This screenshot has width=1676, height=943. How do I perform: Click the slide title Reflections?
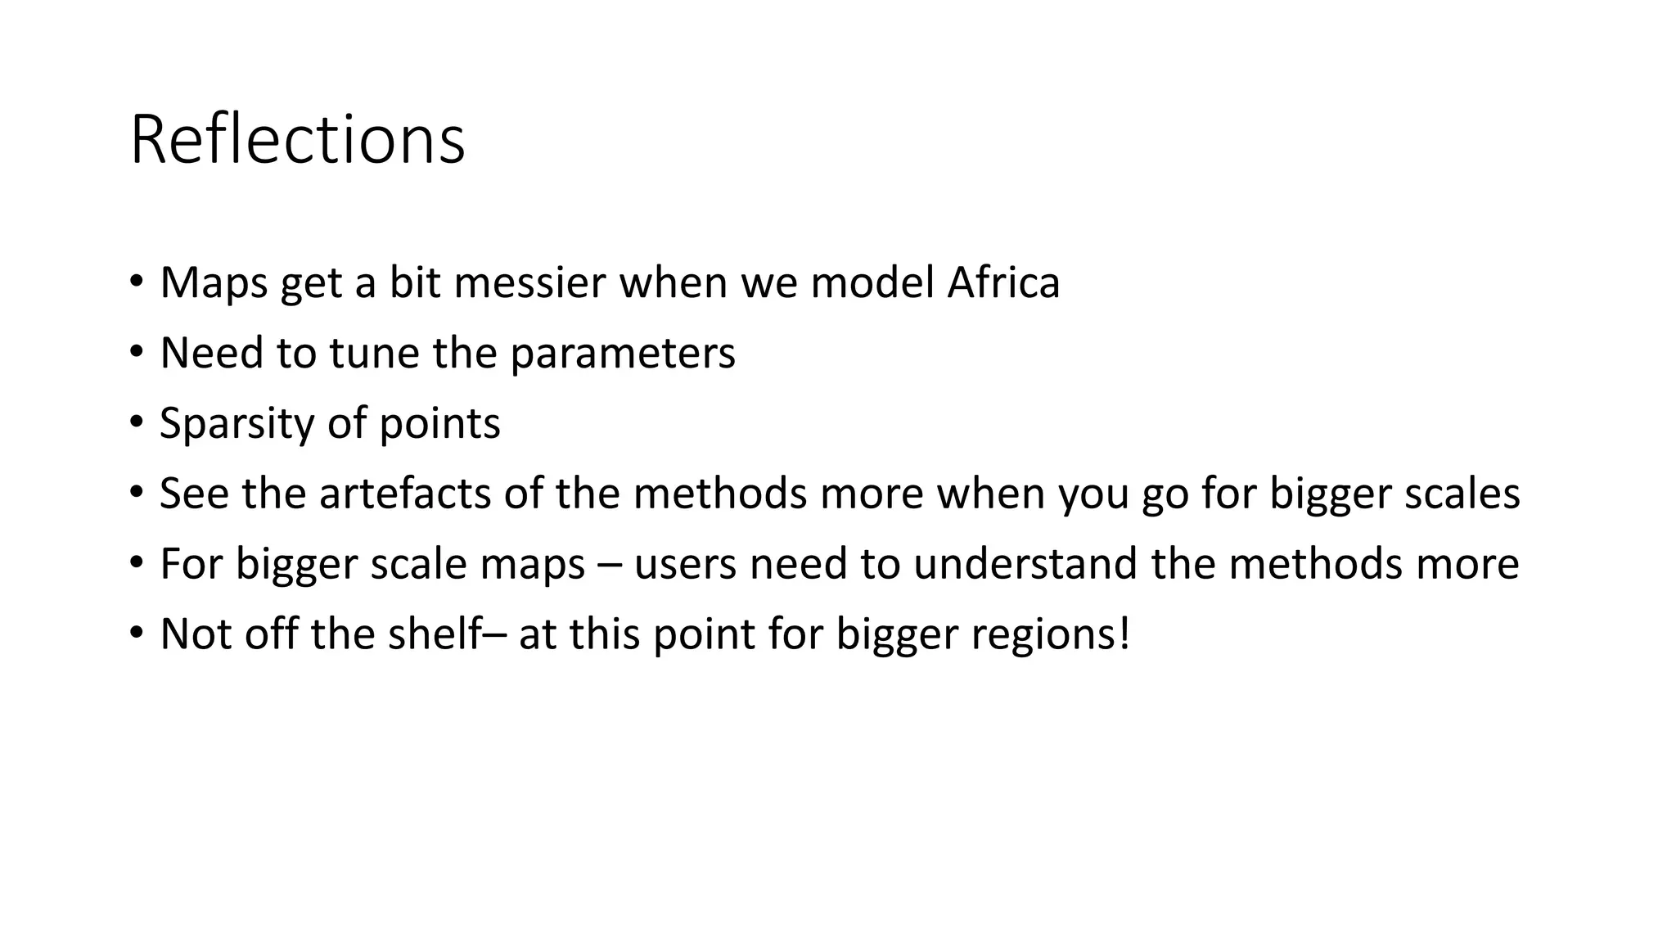point(297,140)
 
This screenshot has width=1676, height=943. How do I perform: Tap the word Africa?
point(1003,282)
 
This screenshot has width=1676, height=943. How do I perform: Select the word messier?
point(529,282)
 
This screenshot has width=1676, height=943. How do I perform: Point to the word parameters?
point(623,354)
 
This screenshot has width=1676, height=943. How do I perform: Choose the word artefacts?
point(406,494)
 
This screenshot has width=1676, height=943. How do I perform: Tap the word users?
point(684,564)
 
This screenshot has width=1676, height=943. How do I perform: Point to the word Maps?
point(214,283)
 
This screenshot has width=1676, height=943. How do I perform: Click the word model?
point(872,282)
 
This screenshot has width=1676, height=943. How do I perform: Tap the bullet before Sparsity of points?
point(136,422)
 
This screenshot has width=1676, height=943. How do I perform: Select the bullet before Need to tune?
point(136,352)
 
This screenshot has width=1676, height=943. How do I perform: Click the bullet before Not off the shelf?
point(136,633)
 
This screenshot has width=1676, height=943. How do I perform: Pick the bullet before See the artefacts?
point(136,493)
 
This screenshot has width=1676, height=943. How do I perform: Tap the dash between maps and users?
point(610,566)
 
